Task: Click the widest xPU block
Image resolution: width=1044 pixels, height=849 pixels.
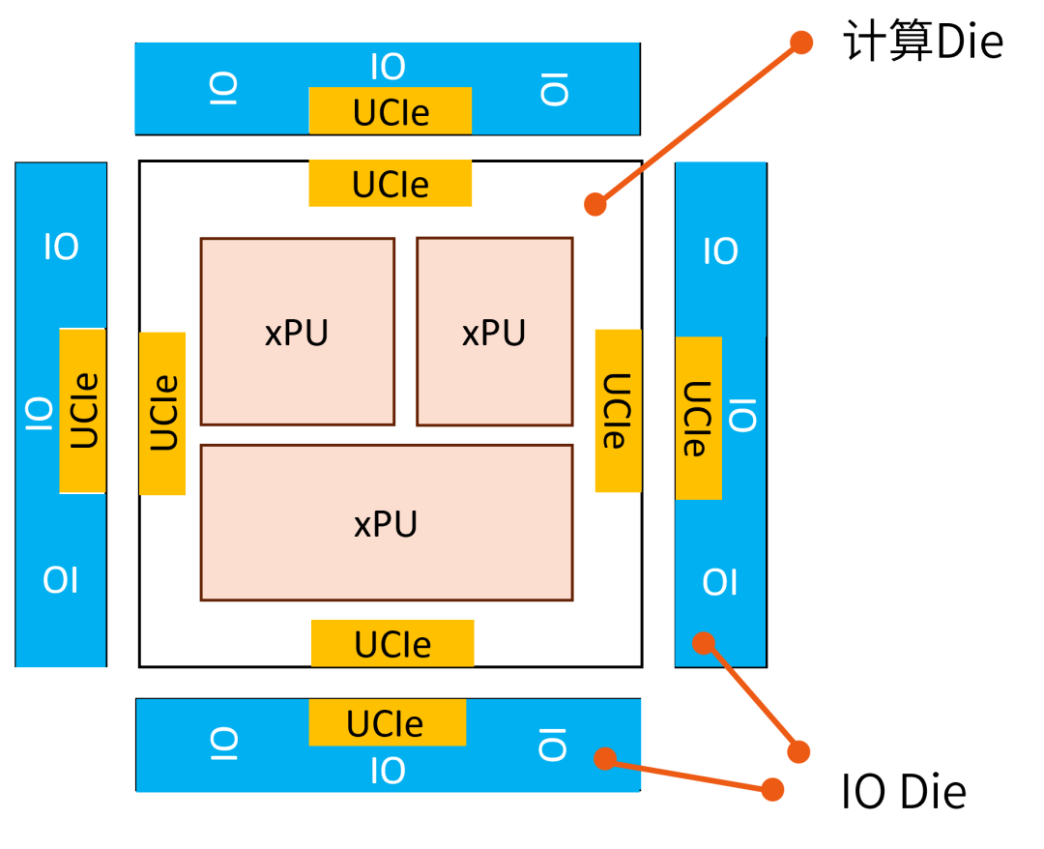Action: [387, 523]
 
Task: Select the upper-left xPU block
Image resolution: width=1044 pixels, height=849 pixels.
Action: [297, 332]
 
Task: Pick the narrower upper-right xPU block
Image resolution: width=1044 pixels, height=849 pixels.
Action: [494, 332]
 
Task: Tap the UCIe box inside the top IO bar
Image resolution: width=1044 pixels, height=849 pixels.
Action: [391, 111]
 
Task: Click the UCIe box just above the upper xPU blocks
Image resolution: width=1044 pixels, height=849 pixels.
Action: [391, 184]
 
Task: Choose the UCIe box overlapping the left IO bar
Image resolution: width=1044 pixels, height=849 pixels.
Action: [83, 411]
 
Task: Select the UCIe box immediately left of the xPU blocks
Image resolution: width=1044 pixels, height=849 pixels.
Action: [162, 414]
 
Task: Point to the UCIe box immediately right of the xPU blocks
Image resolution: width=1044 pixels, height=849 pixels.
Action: [618, 411]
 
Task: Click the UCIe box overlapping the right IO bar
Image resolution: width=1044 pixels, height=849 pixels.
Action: [698, 418]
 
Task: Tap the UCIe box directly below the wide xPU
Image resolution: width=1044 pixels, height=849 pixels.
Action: [392, 643]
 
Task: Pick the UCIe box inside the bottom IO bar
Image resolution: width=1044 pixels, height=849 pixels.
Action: [387, 723]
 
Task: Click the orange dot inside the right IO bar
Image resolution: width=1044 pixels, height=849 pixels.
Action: [704, 643]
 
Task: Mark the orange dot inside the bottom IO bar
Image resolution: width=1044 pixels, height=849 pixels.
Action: [605, 759]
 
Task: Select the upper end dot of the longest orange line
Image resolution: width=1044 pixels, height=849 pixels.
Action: [801, 43]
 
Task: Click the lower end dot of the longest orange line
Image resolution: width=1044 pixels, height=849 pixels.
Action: [595, 204]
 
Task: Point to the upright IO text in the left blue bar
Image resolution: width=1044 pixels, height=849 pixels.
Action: [61, 248]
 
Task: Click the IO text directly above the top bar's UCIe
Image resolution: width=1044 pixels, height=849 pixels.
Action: [388, 68]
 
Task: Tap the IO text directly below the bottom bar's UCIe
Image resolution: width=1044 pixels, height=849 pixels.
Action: [388, 772]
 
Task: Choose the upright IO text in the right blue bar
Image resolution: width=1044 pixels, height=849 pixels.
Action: [720, 251]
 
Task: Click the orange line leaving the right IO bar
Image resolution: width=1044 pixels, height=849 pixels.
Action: [751, 697]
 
